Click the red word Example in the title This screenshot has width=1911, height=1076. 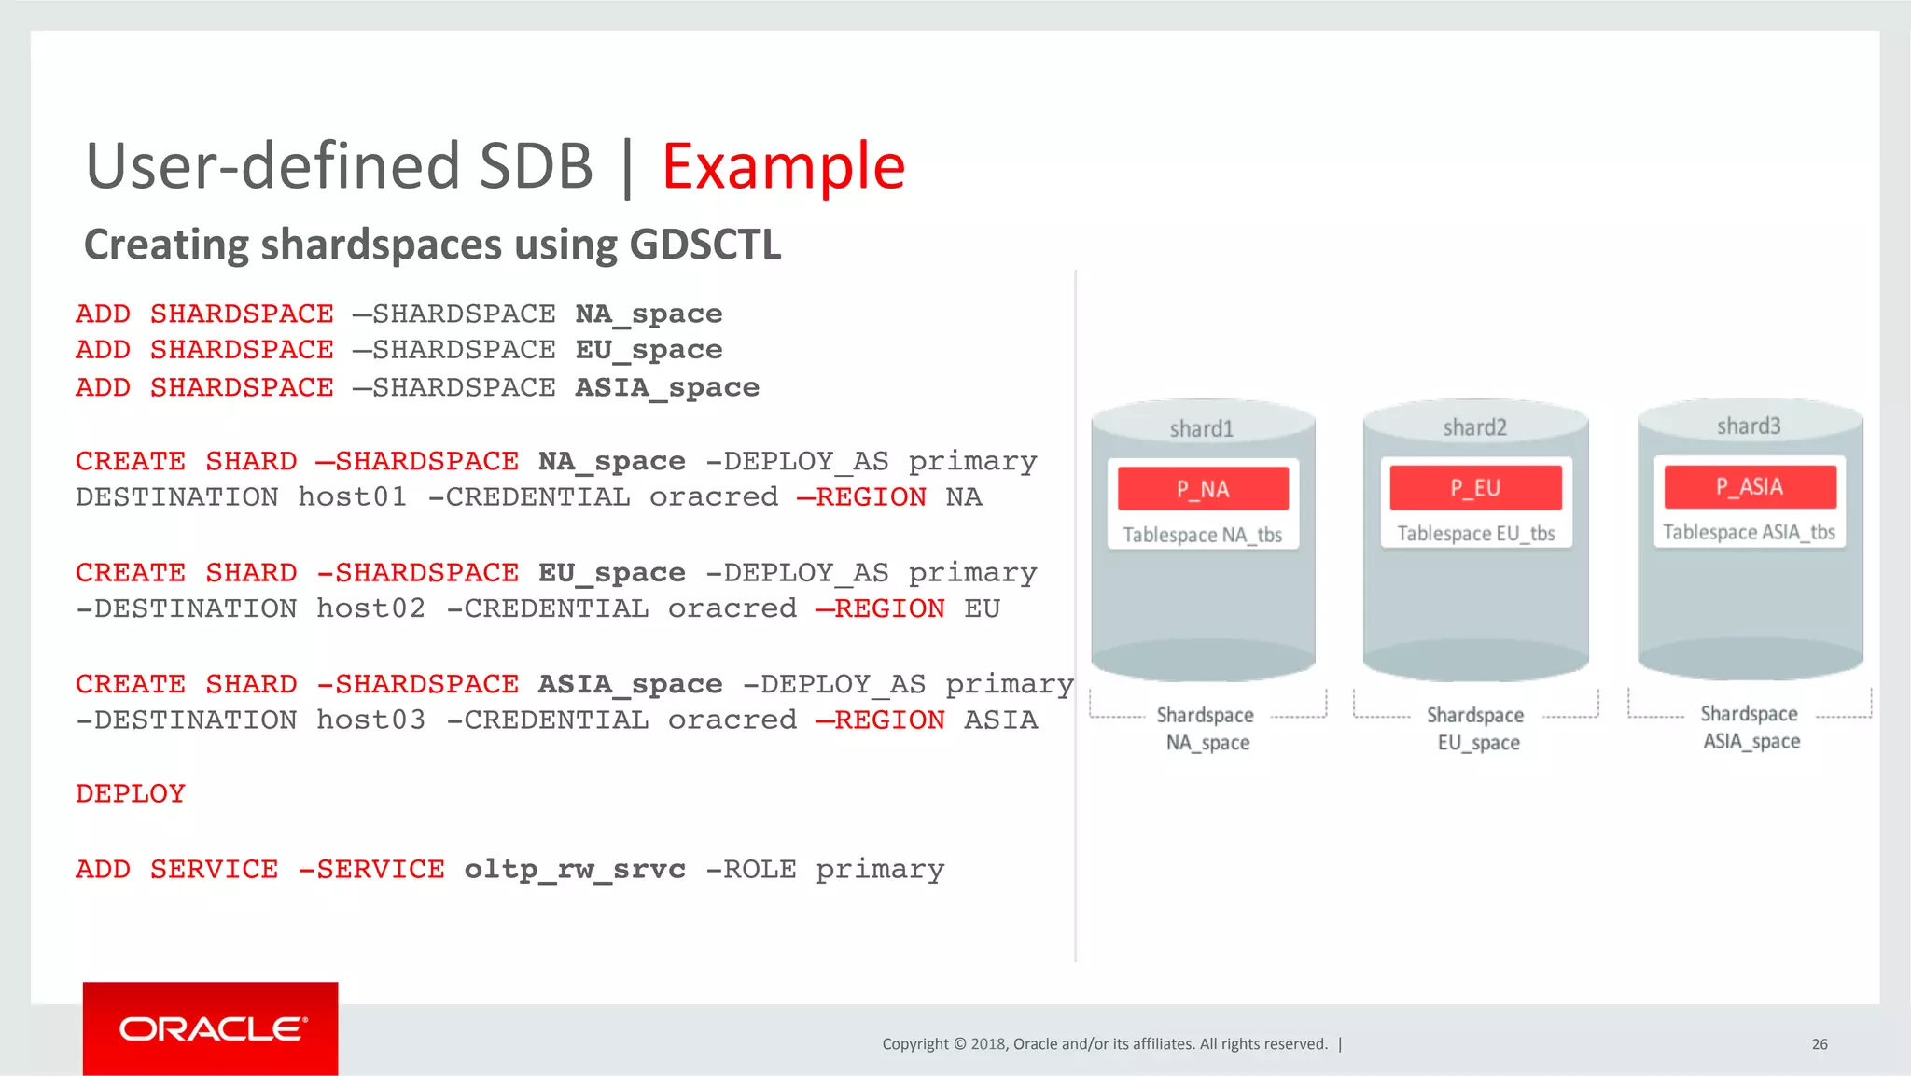coord(783,167)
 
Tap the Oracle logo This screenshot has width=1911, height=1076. coord(211,1028)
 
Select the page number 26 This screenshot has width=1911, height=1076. coord(1819,1044)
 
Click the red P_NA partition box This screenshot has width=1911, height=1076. coord(1203,489)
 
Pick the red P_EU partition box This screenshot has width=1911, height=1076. coord(1474,488)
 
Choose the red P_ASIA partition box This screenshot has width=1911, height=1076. coord(1750,486)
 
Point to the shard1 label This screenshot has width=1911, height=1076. coord(1201,428)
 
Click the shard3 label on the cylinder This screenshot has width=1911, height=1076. coord(1749,426)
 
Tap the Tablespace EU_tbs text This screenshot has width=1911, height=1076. coord(1475,534)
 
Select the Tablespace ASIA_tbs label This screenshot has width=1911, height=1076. coord(1749,532)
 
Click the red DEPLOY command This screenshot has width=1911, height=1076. coord(131,794)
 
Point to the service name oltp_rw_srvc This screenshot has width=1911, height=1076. coord(575,869)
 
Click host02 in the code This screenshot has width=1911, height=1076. coord(370,608)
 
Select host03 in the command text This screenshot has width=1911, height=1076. coord(370,720)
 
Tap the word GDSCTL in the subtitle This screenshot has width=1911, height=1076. coord(704,245)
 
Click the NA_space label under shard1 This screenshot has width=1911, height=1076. coord(1207,743)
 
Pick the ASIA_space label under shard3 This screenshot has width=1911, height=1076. coord(1751,741)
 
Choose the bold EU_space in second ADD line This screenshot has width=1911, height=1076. coord(649,350)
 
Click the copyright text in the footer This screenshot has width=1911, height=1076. coord(1105,1044)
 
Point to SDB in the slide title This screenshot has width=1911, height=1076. coord(536,167)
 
